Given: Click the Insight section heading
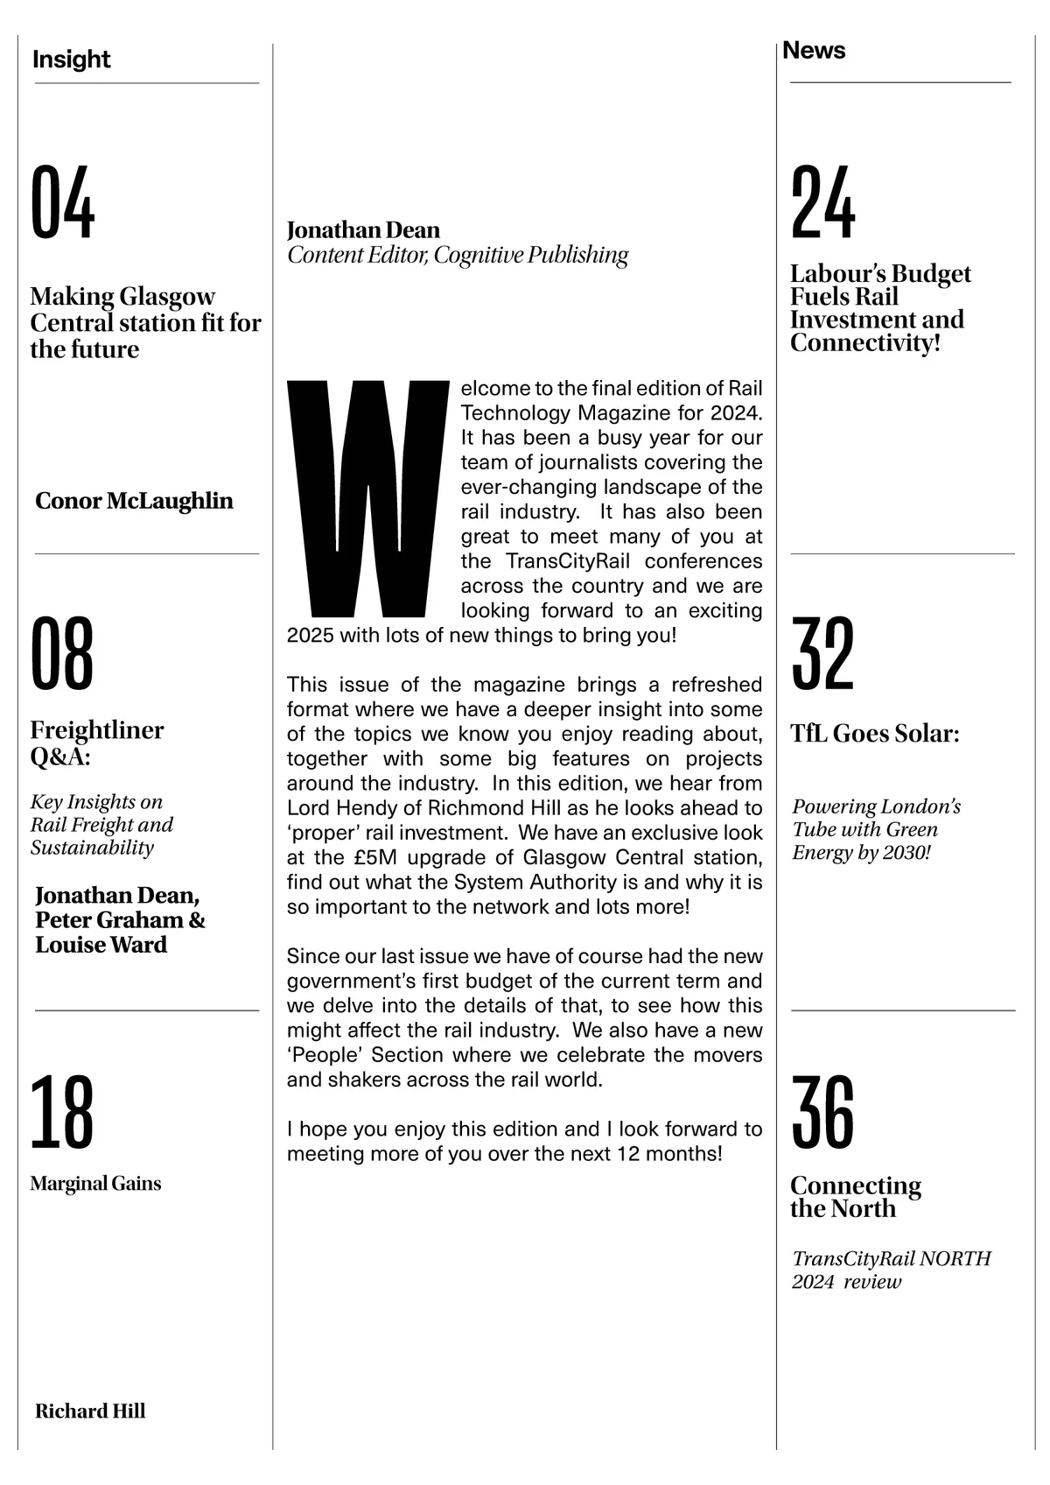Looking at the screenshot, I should [71, 60].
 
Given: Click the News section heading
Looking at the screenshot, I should [814, 51].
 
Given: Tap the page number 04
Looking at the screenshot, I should [62, 203].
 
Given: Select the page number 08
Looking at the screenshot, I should [62, 653].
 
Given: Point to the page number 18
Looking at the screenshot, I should [61, 1113].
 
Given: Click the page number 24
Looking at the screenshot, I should [822, 203].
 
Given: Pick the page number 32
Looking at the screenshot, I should [822, 653].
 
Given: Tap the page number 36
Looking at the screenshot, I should [822, 1113].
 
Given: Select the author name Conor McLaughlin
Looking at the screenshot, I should [134, 501].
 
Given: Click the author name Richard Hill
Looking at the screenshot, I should [90, 1411].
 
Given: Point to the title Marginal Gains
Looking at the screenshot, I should [95, 1184].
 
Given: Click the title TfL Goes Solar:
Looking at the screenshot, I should [874, 733].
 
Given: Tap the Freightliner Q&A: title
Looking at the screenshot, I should [96, 742].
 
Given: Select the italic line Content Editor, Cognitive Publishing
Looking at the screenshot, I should [458, 255].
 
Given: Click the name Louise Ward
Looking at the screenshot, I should [101, 945].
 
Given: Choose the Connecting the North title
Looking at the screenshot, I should [855, 1196].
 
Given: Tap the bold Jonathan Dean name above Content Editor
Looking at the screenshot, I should [363, 229].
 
